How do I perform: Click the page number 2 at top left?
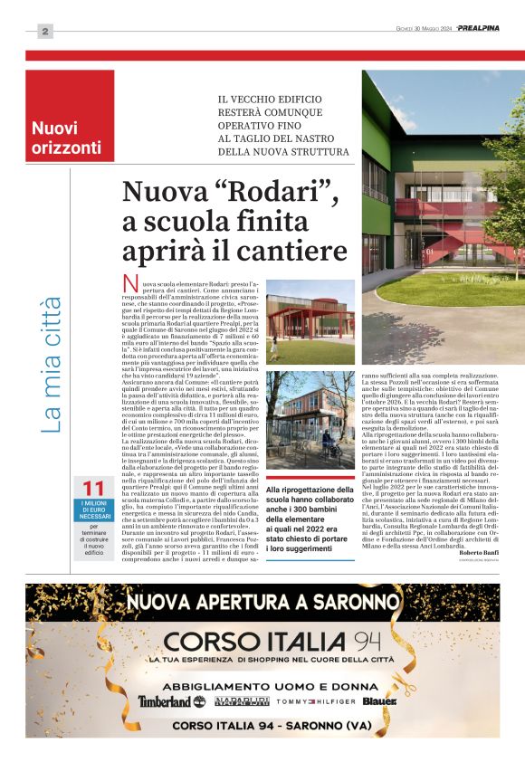pyautogui.click(x=45, y=32)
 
